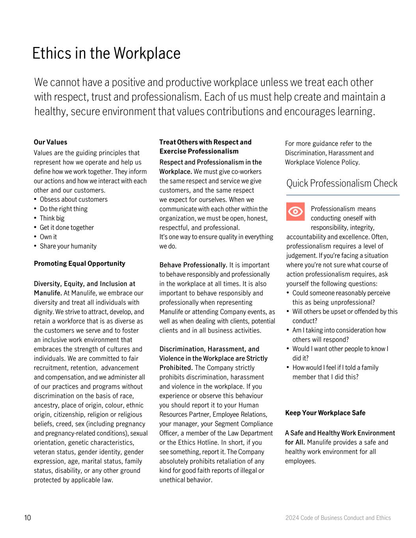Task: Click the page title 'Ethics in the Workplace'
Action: [106, 53]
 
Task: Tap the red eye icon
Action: [295, 212]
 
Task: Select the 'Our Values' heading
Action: [50, 142]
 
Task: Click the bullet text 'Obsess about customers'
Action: [73, 199]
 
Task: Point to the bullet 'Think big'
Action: [52, 218]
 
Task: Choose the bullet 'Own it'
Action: [48, 237]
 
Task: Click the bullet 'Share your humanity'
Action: [68, 246]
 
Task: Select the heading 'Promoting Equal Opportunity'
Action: [79, 264]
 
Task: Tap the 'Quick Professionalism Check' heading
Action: [341, 183]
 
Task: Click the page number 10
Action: [28, 518]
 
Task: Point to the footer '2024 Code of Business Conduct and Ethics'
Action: [338, 518]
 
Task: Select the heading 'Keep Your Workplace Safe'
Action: [325, 413]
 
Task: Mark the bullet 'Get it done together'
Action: [67, 228]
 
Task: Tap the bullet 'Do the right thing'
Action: [63, 209]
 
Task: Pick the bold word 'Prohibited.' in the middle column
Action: [176, 368]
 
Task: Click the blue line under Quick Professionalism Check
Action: [343, 195]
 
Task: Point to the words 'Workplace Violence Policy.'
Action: [322, 162]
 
